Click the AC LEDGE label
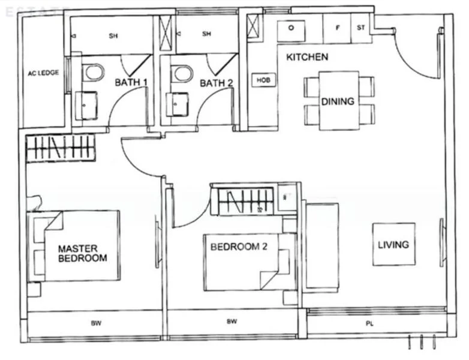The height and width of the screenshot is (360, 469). [43, 73]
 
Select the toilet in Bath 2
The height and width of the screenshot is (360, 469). [181, 73]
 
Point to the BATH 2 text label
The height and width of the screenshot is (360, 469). [216, 83]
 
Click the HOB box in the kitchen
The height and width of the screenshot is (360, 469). [263, 80]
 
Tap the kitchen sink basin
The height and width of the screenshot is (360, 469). [290, 28]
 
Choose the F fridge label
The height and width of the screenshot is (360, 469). [337, 28]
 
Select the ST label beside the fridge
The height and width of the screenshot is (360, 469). [361, 28]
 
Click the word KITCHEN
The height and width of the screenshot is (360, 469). [307, 58]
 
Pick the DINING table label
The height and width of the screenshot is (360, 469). [338, 101]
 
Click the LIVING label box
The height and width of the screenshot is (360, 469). [393, 244]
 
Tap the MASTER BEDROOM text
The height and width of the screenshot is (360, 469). [82, 253]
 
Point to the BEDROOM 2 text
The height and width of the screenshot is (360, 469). [238, 246]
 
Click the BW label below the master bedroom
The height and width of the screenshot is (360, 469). [96, 323]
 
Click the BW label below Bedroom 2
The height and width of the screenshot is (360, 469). [232, 322]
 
